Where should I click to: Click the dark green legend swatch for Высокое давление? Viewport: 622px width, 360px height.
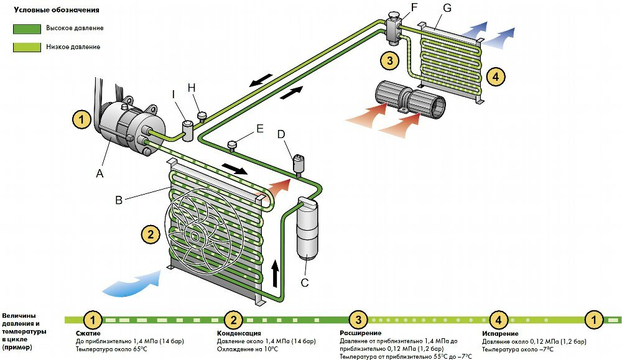coord(27,29)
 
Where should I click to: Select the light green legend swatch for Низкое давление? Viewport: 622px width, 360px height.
coord(27,48)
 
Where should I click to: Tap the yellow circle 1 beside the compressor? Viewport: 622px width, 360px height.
coord(81,119)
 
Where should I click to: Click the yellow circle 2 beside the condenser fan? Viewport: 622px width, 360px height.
coord(151,234)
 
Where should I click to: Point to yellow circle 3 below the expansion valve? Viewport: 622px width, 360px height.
coord(389,61)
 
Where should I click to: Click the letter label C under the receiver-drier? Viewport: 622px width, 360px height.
coord(305,282)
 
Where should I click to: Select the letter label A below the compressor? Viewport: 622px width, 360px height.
coord(100,173)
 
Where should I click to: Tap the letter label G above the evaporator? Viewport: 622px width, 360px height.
coord(447,7)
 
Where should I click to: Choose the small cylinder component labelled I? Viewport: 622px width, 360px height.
coord(187,131)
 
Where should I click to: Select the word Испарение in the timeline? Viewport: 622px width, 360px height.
coord(500,333)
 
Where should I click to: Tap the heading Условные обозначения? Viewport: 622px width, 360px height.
coord(57,10)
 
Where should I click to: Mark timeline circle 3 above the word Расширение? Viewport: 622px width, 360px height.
coord(358,320)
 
